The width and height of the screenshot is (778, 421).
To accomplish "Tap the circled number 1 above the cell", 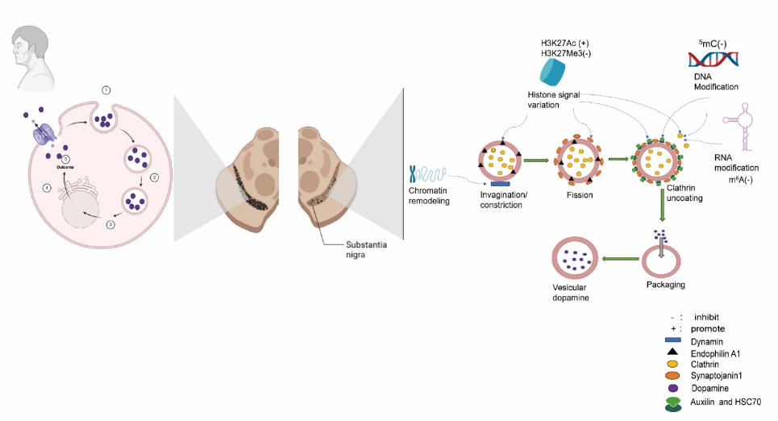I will tap(106, 90).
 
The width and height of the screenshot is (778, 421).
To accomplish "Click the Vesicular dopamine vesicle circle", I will tap(574, 261).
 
